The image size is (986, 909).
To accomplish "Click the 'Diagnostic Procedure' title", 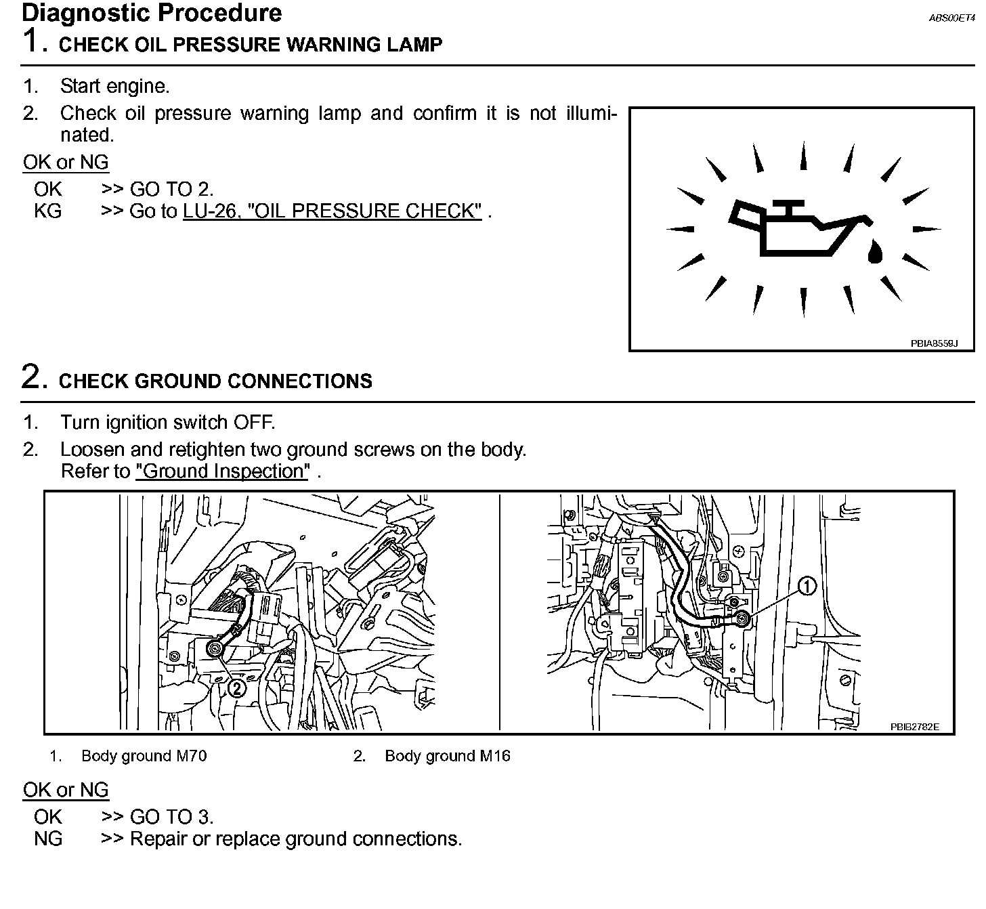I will click(152, 13).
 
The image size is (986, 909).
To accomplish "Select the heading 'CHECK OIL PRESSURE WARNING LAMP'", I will click(251, 45).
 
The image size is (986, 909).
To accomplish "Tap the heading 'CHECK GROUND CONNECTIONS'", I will click(215, 381).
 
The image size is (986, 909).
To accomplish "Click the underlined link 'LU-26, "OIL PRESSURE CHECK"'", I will click(332, 211).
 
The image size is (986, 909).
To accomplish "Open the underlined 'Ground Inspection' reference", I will click(222, 471).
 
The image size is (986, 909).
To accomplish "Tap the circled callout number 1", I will click(807, 586).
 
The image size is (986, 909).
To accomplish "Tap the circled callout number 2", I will click(236, 688).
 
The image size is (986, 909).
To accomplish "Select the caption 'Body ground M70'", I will click(144, 756).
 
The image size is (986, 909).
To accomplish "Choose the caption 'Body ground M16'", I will click(447, 756).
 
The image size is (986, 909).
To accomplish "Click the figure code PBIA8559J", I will click(934, 344).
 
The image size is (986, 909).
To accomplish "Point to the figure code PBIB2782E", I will click(914, 727).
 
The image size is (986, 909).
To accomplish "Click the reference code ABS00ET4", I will click(951, 18).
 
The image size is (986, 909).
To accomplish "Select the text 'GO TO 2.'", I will click(171, 189).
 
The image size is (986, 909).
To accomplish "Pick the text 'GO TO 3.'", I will click(171, 817).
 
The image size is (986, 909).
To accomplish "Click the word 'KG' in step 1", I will click(47, 211).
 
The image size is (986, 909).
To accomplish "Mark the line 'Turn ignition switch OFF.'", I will click(167, 423).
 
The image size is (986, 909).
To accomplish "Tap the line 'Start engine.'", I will click(114, 86).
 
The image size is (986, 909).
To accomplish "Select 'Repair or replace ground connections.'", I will click(295, 839).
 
